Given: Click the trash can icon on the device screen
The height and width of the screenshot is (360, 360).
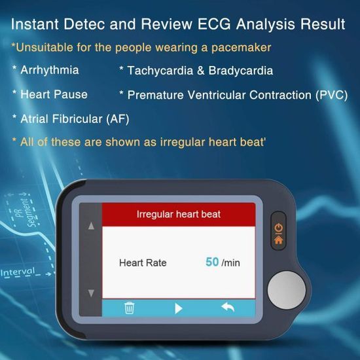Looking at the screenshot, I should (129, 308).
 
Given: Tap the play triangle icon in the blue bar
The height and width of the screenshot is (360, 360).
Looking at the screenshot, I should (179, 308).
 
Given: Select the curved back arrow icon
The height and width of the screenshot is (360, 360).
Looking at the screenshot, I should (228, 308).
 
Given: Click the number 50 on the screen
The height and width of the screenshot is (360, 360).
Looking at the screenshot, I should (212, 262).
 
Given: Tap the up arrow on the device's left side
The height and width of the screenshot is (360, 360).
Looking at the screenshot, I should (91, 226).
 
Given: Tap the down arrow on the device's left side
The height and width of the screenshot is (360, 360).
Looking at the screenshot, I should (91, 293).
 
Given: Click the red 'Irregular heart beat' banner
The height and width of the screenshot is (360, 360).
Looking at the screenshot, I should (178, 214).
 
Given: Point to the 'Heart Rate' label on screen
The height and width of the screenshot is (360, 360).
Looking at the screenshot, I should (143, 262).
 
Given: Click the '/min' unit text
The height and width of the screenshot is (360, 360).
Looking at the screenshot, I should (231, 262).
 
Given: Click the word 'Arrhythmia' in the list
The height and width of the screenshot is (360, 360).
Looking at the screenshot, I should (50, 70).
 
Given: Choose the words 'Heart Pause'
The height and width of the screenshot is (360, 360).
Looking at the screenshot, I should (54, 94).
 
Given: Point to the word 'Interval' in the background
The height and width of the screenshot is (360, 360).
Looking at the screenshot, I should (18, 272).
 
